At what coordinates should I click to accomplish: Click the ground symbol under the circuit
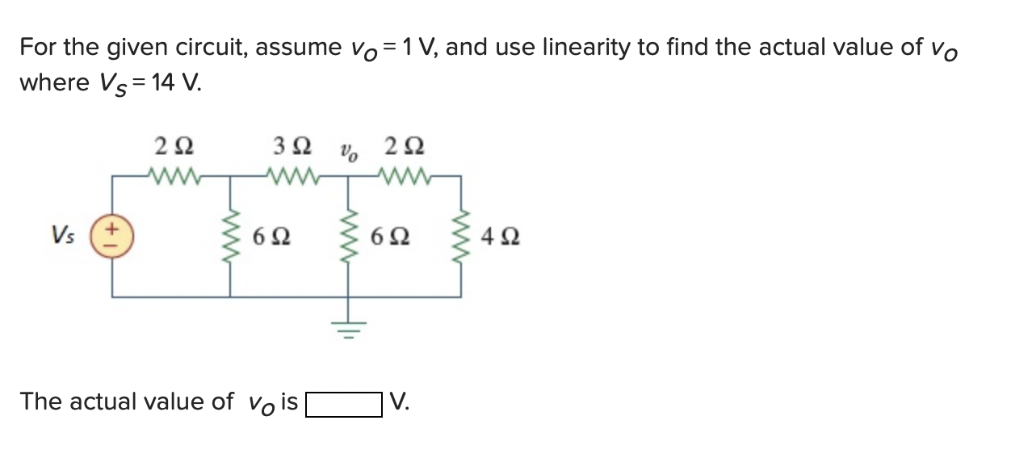coord(349,327)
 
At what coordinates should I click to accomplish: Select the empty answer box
coord(343,403)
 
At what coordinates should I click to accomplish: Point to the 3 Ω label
coord(292,147)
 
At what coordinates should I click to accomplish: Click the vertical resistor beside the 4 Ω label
coord(461,236)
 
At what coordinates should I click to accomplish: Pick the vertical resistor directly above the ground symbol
coord(349,236)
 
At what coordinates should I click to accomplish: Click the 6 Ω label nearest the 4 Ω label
coord(391,237)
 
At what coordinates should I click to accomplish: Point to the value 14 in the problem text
coord(162,83)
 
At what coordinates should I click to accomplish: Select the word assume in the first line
coord(300,48)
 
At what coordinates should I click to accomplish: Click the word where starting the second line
coord(54,83)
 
